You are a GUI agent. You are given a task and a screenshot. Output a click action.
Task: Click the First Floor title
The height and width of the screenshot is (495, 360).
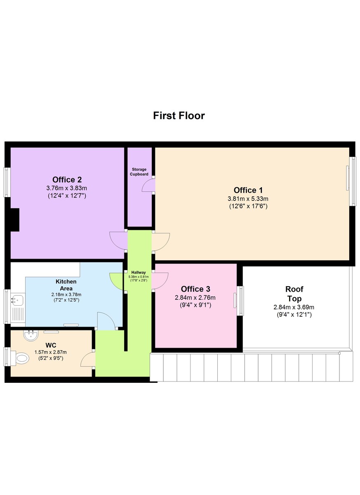(x=179, y=115)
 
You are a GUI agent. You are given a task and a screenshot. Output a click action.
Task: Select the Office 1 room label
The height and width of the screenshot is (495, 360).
(x=248, y=190)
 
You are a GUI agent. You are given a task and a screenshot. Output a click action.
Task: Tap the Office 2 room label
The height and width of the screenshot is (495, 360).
(x=67, y=180)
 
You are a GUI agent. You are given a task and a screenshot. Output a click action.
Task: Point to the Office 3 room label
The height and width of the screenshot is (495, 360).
(x=195, y=289)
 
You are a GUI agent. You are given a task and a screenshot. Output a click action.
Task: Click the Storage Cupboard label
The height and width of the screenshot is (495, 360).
(x=139, y=172)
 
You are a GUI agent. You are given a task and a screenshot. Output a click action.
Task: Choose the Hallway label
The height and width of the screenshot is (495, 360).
(x=139, y=272)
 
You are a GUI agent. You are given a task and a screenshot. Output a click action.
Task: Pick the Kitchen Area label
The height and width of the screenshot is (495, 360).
(x=66, y=285)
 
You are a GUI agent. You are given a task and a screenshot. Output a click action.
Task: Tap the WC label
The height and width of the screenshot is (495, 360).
(x=51, y=345)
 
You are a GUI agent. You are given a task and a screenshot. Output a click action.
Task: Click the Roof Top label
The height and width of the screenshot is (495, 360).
(x=294, y=294)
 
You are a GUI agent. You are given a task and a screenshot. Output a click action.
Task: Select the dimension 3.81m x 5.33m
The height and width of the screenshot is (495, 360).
(x=248, y=199)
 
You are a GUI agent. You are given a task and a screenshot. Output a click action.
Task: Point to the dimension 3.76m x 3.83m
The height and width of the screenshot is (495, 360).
(x=66, y=188)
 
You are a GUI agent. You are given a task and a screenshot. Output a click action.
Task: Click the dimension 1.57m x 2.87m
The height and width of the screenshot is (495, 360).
(x=51, y=352)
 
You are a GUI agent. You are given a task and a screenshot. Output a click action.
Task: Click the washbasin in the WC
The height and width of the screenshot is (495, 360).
(x=31, y=336)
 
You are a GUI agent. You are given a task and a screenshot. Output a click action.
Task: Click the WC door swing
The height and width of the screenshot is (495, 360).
(x=88, y=359)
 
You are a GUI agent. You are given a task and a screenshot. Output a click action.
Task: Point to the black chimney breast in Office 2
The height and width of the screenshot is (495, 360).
(x=15, y=219)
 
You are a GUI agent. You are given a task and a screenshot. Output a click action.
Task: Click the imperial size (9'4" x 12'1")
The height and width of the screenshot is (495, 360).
(x=294, y=315)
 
